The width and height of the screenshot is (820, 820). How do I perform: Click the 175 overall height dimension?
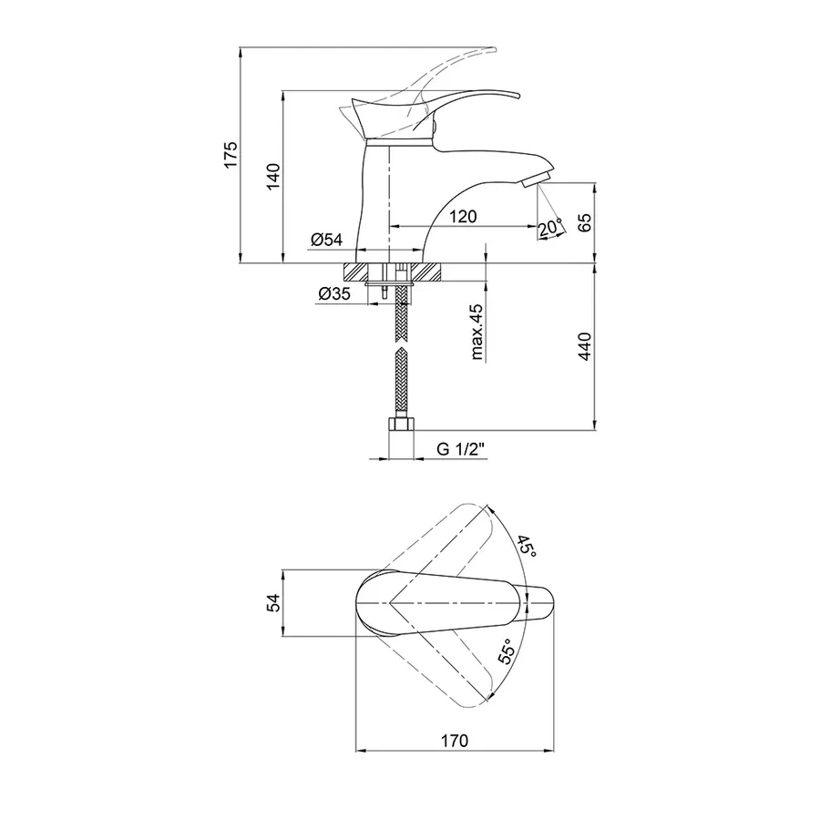[231, 154]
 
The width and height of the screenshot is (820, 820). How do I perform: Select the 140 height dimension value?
[273, 177]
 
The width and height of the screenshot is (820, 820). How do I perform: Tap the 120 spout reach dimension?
[463, 216]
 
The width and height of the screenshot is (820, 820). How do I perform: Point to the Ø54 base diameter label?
[326, 240]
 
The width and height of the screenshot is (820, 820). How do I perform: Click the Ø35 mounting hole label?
[334, 294]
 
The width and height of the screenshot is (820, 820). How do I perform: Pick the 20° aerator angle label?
[550, 227]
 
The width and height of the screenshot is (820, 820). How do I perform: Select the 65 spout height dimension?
[585, 222]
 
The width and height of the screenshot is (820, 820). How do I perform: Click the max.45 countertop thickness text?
[477, 332]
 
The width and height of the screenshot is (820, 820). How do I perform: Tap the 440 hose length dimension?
[585, 346]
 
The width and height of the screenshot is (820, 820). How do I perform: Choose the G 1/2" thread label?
[461, 449]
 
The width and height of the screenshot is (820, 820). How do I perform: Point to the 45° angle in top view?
[526, 547]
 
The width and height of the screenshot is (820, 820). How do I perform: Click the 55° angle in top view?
[507, 651]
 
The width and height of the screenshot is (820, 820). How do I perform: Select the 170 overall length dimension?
[455, 741]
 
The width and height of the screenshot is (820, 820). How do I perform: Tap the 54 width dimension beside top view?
[273, 602]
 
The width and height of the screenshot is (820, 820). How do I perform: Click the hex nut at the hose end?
[402, 424]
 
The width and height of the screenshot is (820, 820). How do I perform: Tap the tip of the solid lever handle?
[520, 96]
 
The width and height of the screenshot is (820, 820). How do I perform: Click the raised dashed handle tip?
[494, 50]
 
